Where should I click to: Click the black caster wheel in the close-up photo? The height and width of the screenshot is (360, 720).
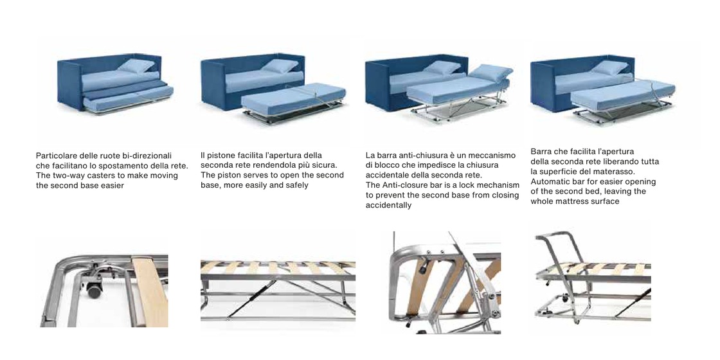point(94,290)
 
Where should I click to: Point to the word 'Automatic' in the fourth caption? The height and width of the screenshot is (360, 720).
point(548,181)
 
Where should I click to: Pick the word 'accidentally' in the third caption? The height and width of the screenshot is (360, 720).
point(388,205)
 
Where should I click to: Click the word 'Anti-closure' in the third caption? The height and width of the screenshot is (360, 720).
point(402,185)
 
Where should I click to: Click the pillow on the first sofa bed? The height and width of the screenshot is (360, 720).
point(137,66)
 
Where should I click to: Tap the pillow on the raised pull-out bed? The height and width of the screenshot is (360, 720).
point(491,72)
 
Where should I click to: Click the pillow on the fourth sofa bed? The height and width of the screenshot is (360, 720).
point(610,67)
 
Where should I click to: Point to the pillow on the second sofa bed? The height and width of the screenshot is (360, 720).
point(280,66)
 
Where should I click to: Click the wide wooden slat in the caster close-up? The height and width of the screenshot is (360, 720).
point(150,291)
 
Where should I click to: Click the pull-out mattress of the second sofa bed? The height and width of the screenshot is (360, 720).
point(293,96)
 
